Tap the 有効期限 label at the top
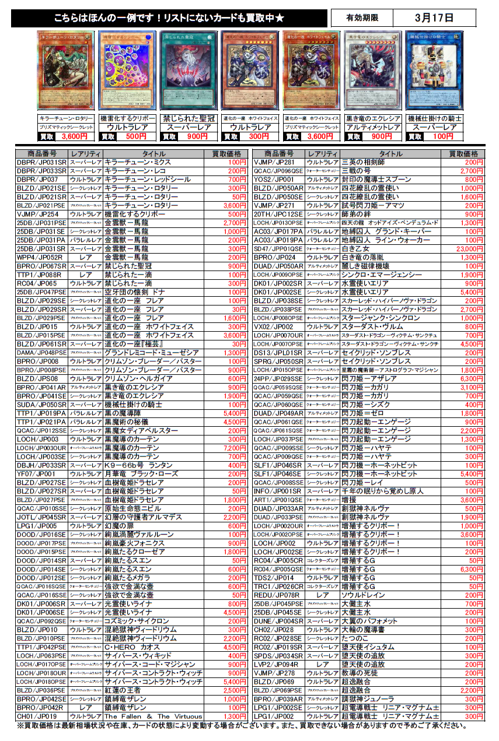[x=362, y=18]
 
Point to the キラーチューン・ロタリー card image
[x=65, y=71]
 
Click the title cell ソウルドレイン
[x=363, y=595]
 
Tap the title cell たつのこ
[x=355, y=638]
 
